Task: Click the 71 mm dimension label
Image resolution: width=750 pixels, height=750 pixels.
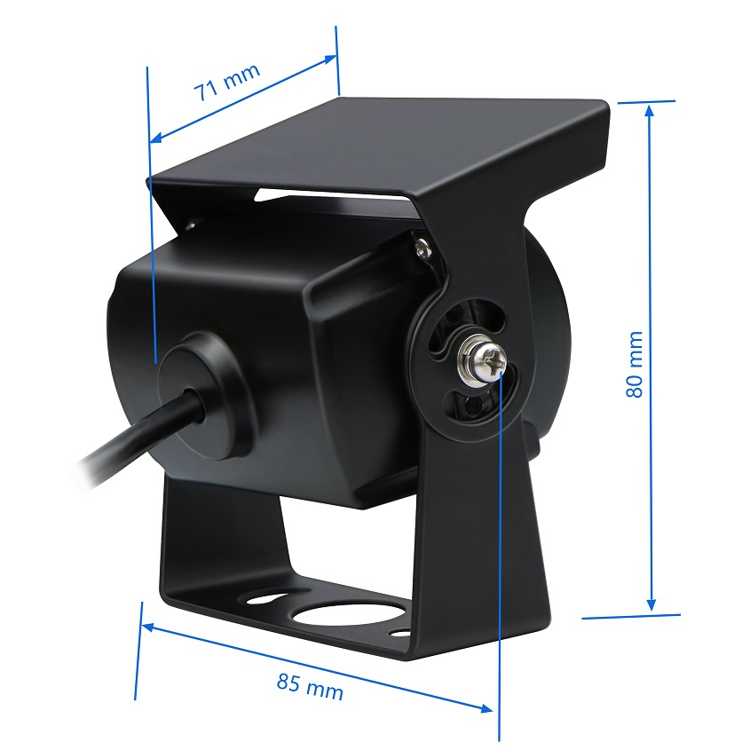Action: [x=227, y=82]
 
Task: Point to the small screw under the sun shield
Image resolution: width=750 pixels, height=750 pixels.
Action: [x=424, y=247]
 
